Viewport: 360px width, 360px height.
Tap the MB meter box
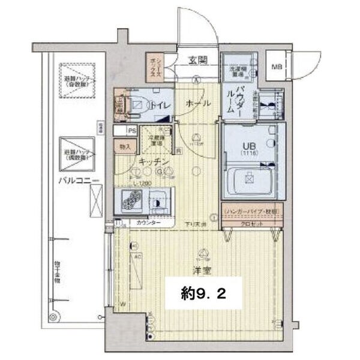point(277,67)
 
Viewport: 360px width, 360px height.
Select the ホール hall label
point(198,104)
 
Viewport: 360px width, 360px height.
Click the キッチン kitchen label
point(152,163)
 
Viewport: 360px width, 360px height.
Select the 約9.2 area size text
point(203,294)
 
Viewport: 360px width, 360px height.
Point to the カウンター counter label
point(148,223)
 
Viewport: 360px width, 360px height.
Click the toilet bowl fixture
point(137,106)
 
